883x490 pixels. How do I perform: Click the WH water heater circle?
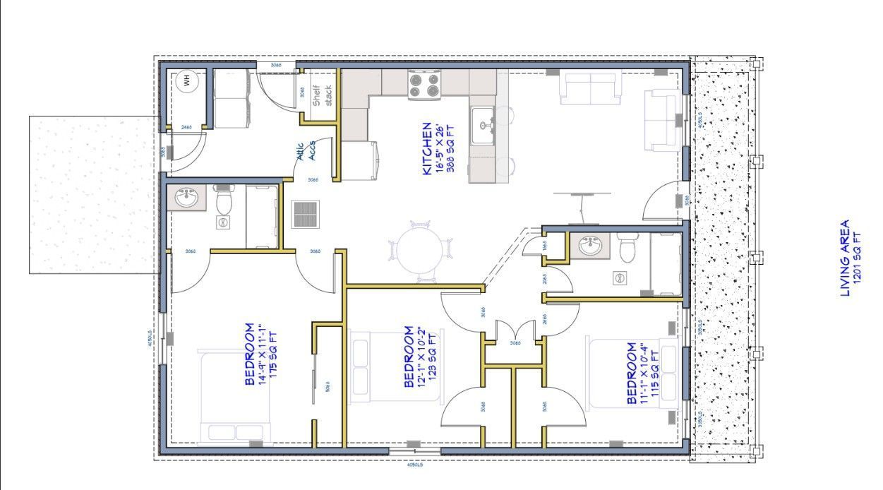(x=187, y=81)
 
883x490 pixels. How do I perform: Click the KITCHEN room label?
(x=432, y=149)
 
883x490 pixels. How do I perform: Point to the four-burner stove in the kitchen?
(x=424, y=85)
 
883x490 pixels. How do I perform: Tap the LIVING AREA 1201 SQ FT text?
(x=851, y=258)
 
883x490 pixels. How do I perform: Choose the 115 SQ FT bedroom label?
(x=639, y=374)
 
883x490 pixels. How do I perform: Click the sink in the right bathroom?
(x=589, y=247)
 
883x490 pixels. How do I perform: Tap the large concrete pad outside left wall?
(x=92, y=194)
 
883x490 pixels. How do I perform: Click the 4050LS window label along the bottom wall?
(x=414, y=465)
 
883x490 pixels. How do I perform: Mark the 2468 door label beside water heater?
(x=186, y=127)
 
